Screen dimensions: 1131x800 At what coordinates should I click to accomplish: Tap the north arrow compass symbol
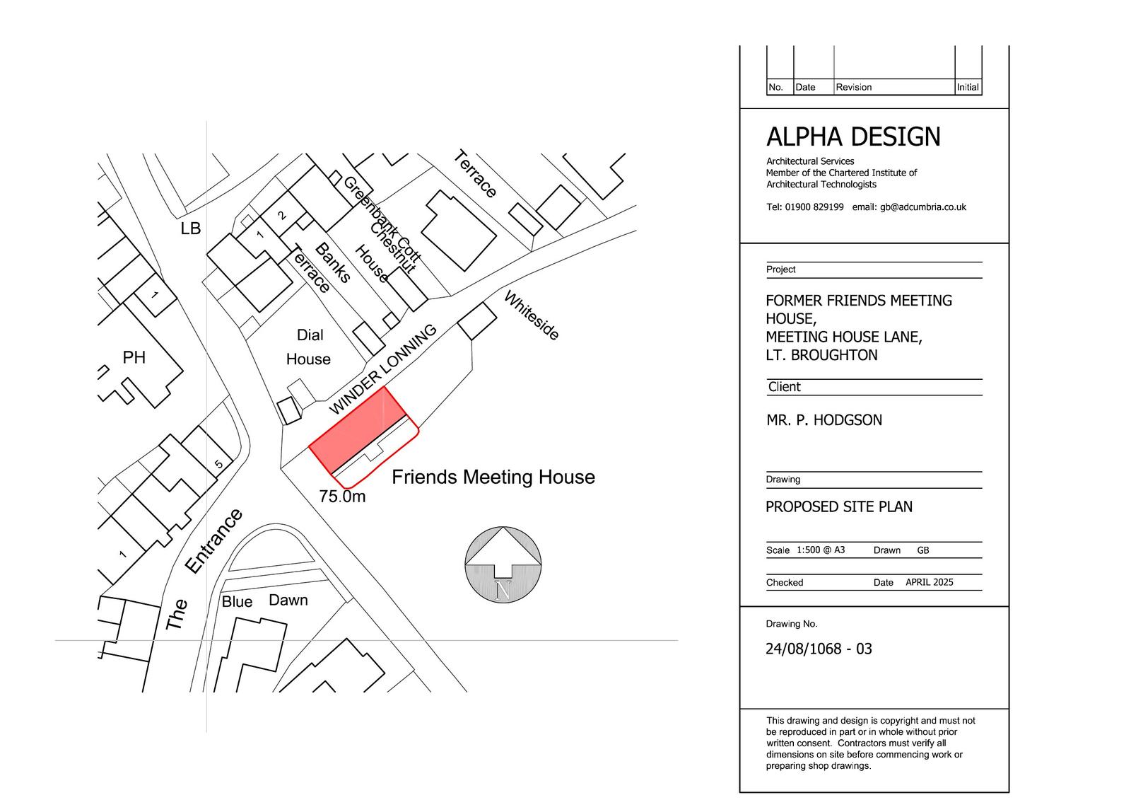503,564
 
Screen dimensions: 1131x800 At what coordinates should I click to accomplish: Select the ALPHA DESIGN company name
853,137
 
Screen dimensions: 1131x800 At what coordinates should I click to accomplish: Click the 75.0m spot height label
342,497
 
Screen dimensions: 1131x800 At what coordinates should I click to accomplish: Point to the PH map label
134,357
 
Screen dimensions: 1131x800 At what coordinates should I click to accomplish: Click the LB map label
190,228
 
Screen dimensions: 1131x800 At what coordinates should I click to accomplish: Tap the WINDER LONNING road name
382,369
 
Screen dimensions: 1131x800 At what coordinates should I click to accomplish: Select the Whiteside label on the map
532,315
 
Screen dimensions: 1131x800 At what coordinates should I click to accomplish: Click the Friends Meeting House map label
493,477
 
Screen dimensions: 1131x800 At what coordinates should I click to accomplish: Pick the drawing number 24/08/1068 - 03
819,649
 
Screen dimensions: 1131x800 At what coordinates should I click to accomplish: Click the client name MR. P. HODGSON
824,420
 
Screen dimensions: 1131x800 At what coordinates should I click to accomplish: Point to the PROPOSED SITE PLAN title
838,507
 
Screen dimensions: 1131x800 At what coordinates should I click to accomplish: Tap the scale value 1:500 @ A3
821,550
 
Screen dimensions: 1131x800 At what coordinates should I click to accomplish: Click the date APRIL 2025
929,582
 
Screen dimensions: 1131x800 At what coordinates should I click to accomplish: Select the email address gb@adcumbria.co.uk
923,207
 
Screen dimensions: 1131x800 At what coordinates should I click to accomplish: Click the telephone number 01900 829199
814,207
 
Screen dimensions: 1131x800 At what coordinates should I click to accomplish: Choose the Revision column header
853,87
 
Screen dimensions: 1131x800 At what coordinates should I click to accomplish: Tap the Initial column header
968,87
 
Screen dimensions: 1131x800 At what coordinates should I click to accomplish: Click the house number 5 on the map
218,463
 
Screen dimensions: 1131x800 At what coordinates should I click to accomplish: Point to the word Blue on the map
237,601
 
